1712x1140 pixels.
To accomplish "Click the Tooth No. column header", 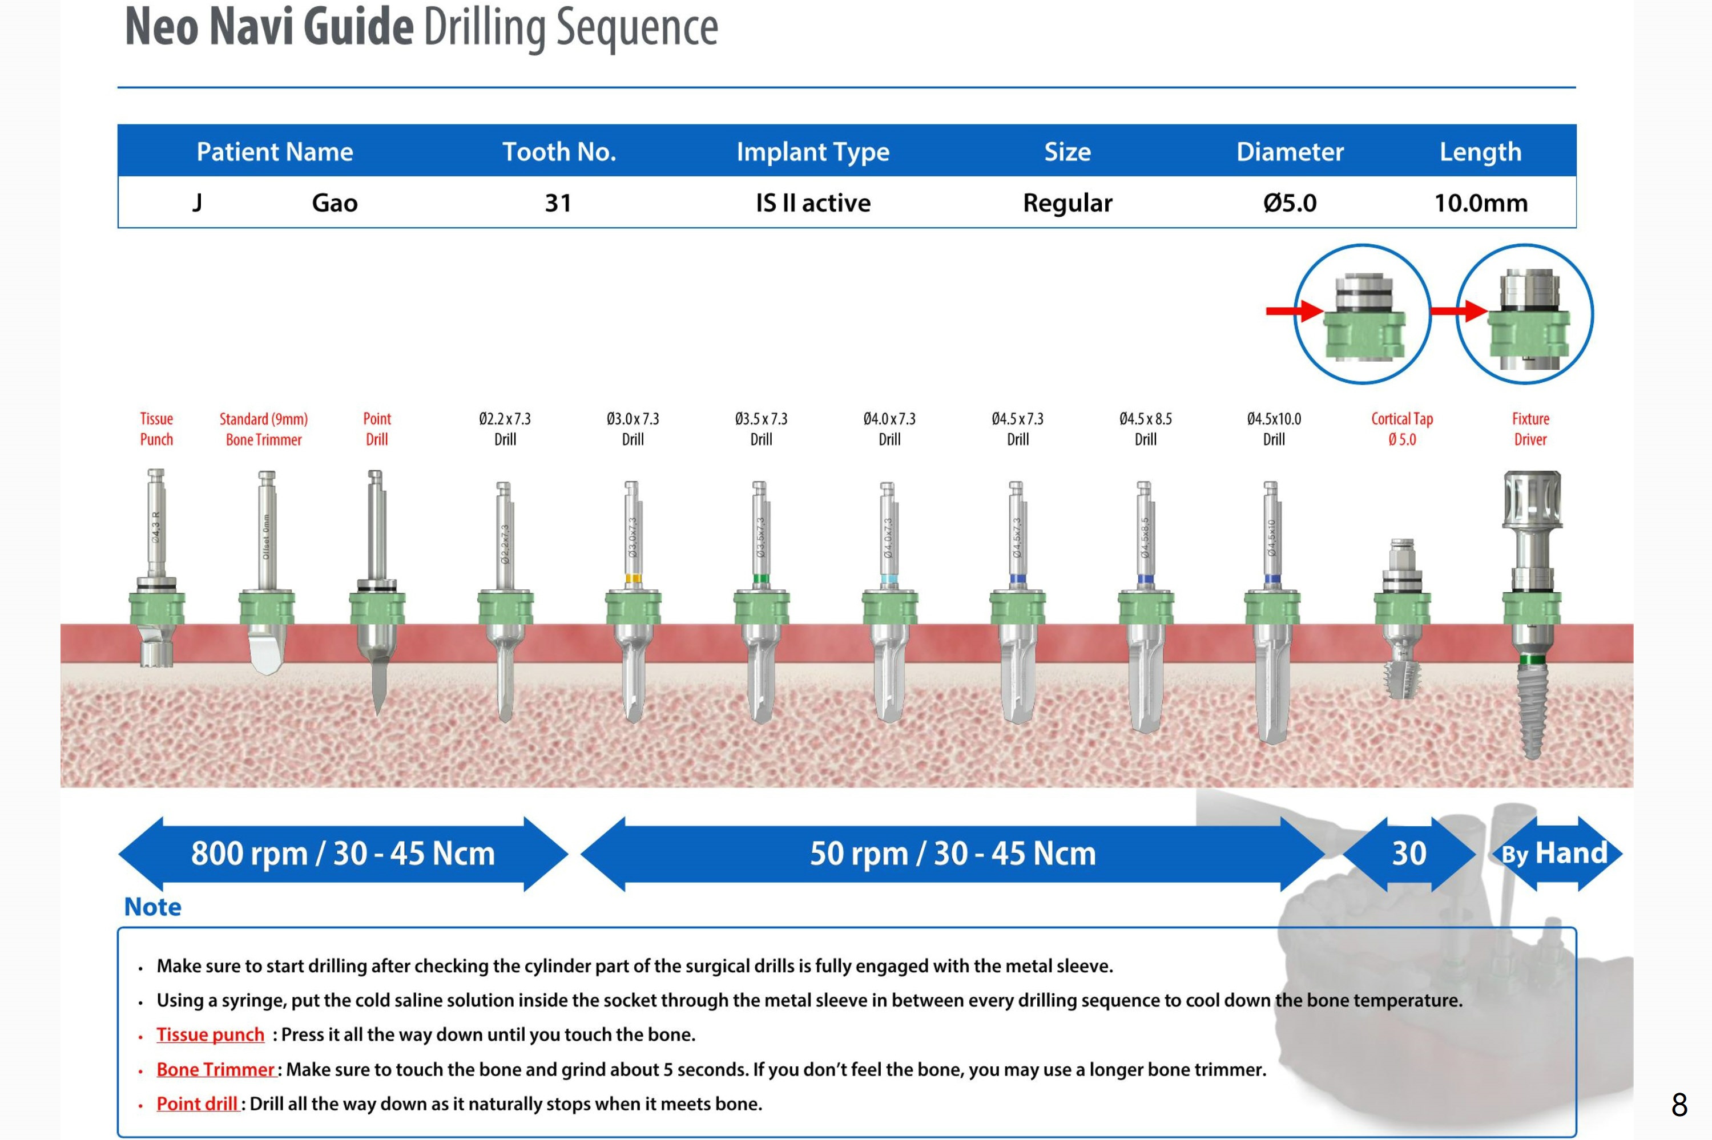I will point(558,151).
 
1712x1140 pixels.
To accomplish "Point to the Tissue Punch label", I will point(156,428).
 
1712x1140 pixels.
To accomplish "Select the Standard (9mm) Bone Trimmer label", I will point(263,428).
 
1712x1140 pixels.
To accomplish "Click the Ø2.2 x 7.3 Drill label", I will point(505,428).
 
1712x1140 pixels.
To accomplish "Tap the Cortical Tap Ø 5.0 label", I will point(1401,428).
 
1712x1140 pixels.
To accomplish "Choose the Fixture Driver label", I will point(1530,428).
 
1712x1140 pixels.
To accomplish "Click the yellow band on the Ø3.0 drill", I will point(633,579).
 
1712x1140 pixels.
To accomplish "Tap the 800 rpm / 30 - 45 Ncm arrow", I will point(343,854).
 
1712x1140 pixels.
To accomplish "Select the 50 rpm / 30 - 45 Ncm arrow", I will point(952,854).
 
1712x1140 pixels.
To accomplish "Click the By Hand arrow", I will point(1555,854).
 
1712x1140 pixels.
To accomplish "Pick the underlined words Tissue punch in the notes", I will point(210,1034).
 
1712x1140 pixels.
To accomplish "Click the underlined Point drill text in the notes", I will point(197,1103).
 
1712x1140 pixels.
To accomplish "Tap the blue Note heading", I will point(153,907).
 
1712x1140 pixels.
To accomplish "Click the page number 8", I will point(1678,1105).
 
